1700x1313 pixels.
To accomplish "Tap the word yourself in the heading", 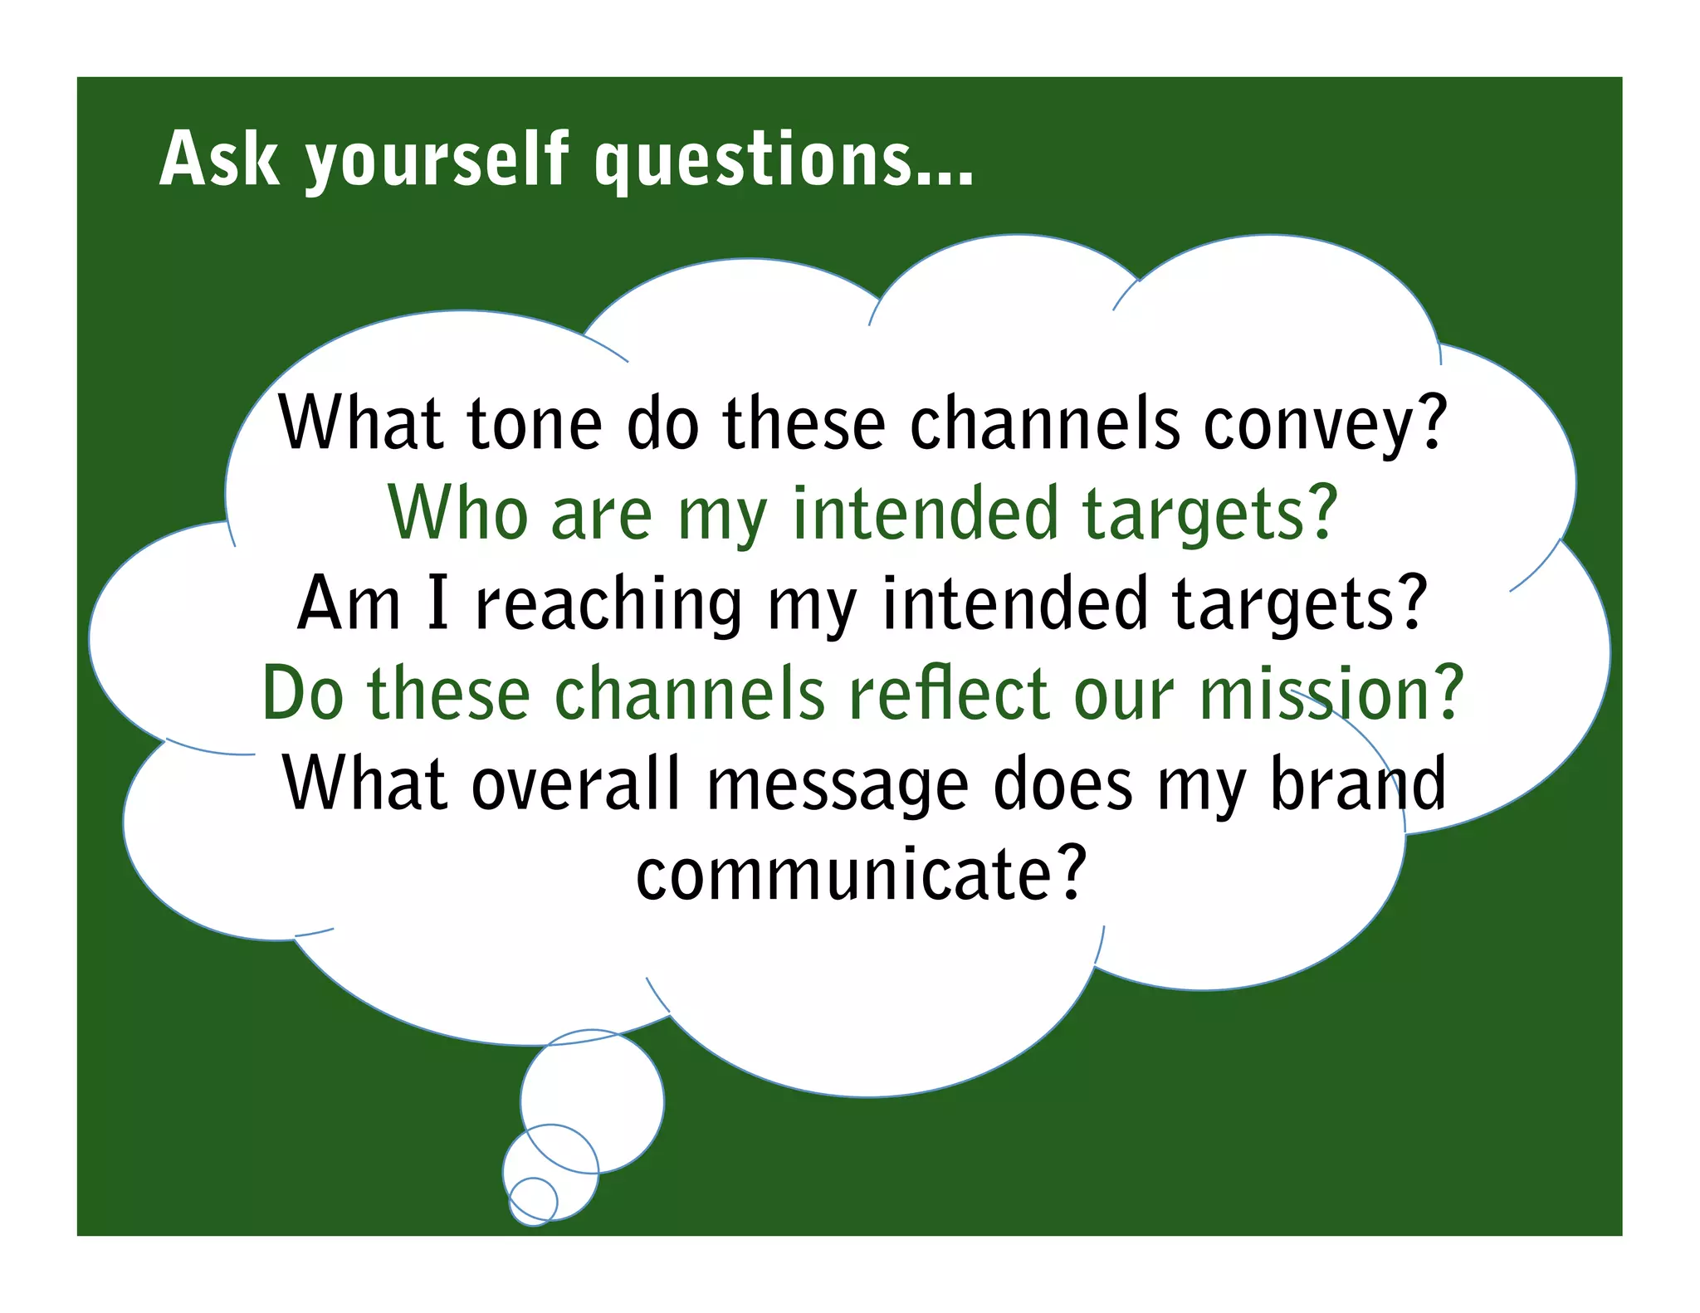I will tap(437, 162).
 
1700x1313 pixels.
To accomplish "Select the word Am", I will tap(349, 603).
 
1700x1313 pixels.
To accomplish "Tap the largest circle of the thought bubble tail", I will tap(593, 1101).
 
